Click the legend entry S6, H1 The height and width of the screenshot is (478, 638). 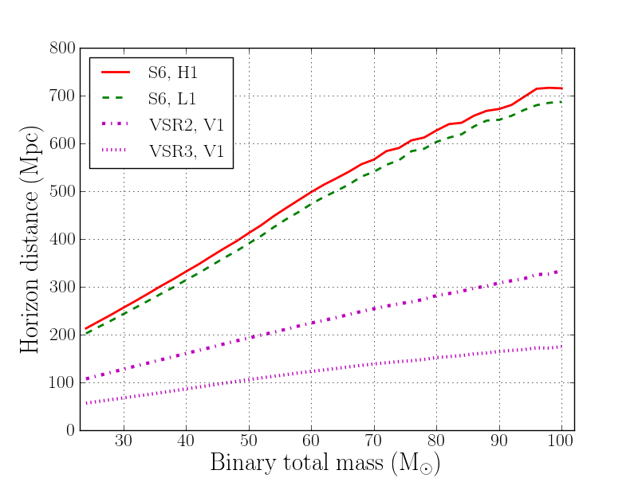(172, 72)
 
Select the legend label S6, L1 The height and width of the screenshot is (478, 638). (172, 99)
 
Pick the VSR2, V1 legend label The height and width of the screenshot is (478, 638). (184, 125)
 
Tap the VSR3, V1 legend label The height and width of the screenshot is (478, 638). (184, 151)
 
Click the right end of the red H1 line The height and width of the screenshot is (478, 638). (561, 88)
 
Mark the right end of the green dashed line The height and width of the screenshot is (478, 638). (561, 101)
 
